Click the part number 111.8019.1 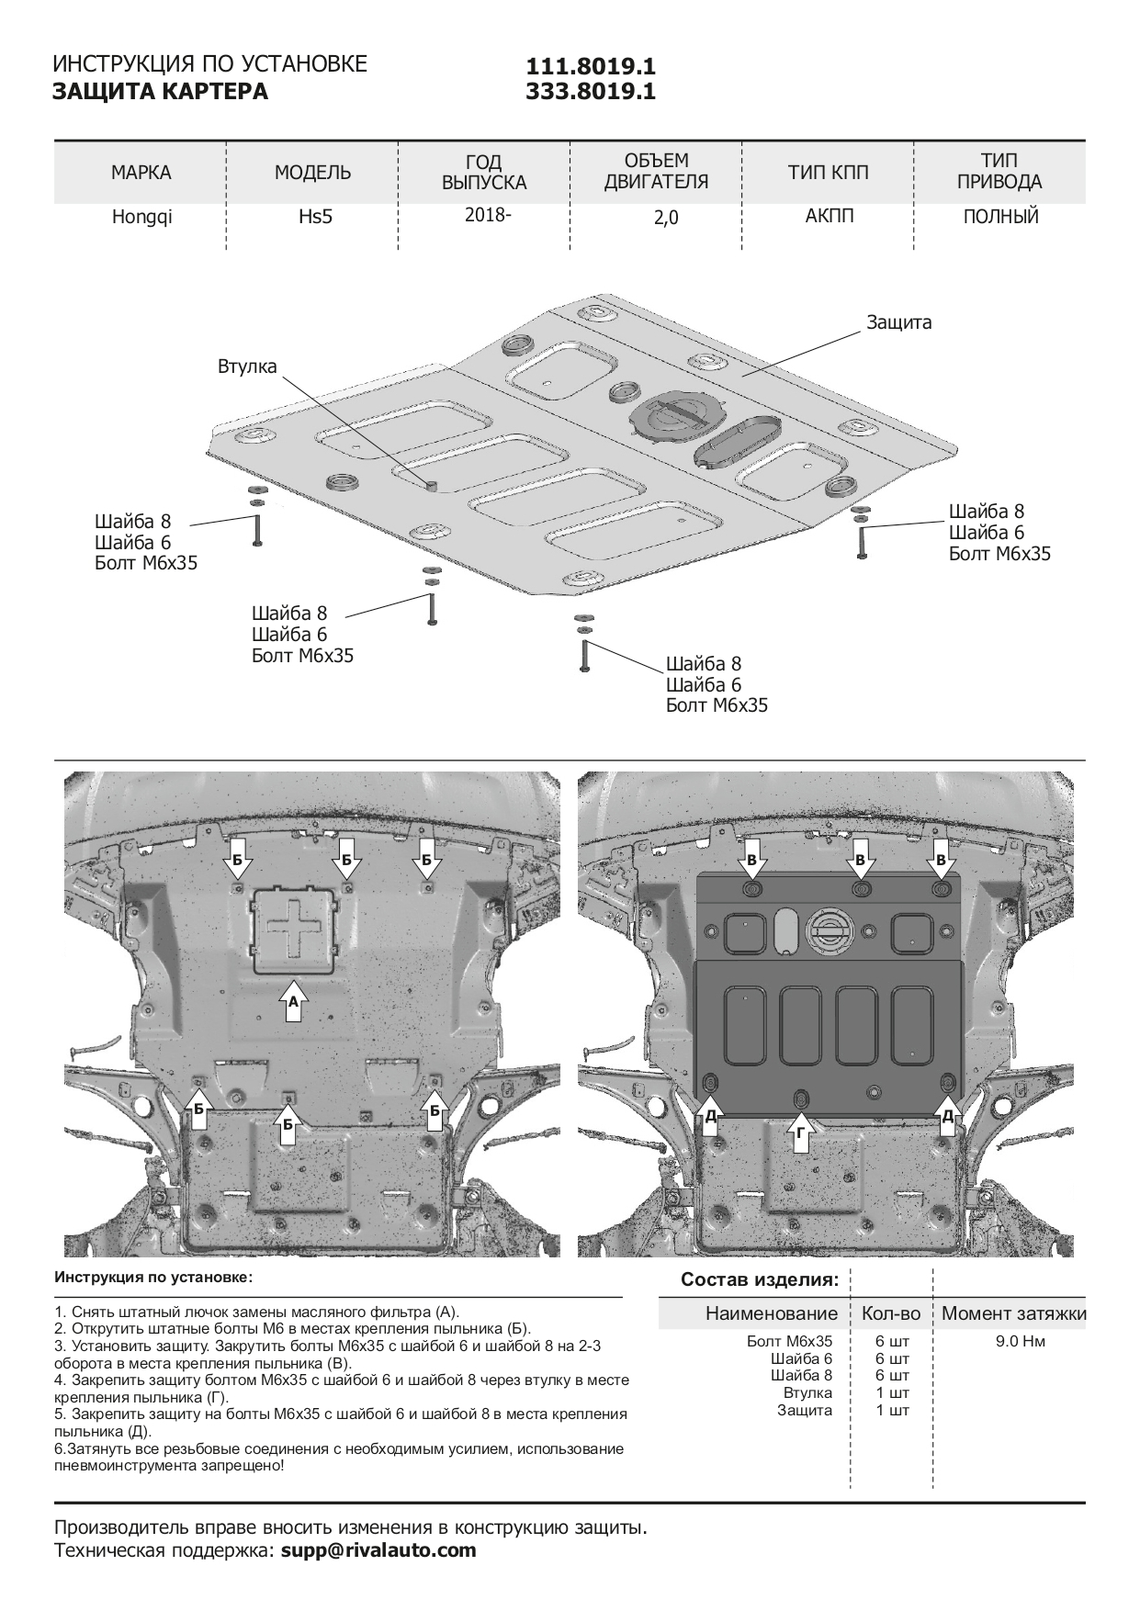[590, 67]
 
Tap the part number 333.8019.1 [590, 91]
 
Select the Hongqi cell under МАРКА [141, 218]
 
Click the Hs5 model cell [312, 218]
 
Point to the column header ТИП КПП [828, 172]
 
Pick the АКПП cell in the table [829, 217]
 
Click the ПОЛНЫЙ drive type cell [1000, 217]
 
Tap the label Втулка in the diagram [247, 366]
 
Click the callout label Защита [898, 322]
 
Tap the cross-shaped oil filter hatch [294, 929]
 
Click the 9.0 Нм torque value [1020, 1341]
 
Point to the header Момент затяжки [1013, 1313]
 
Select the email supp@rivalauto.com [378, 1550]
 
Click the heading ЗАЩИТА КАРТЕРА [161, 92]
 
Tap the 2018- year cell [484, 215]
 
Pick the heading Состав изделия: [759, 1280]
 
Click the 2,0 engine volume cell [656, 218]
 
